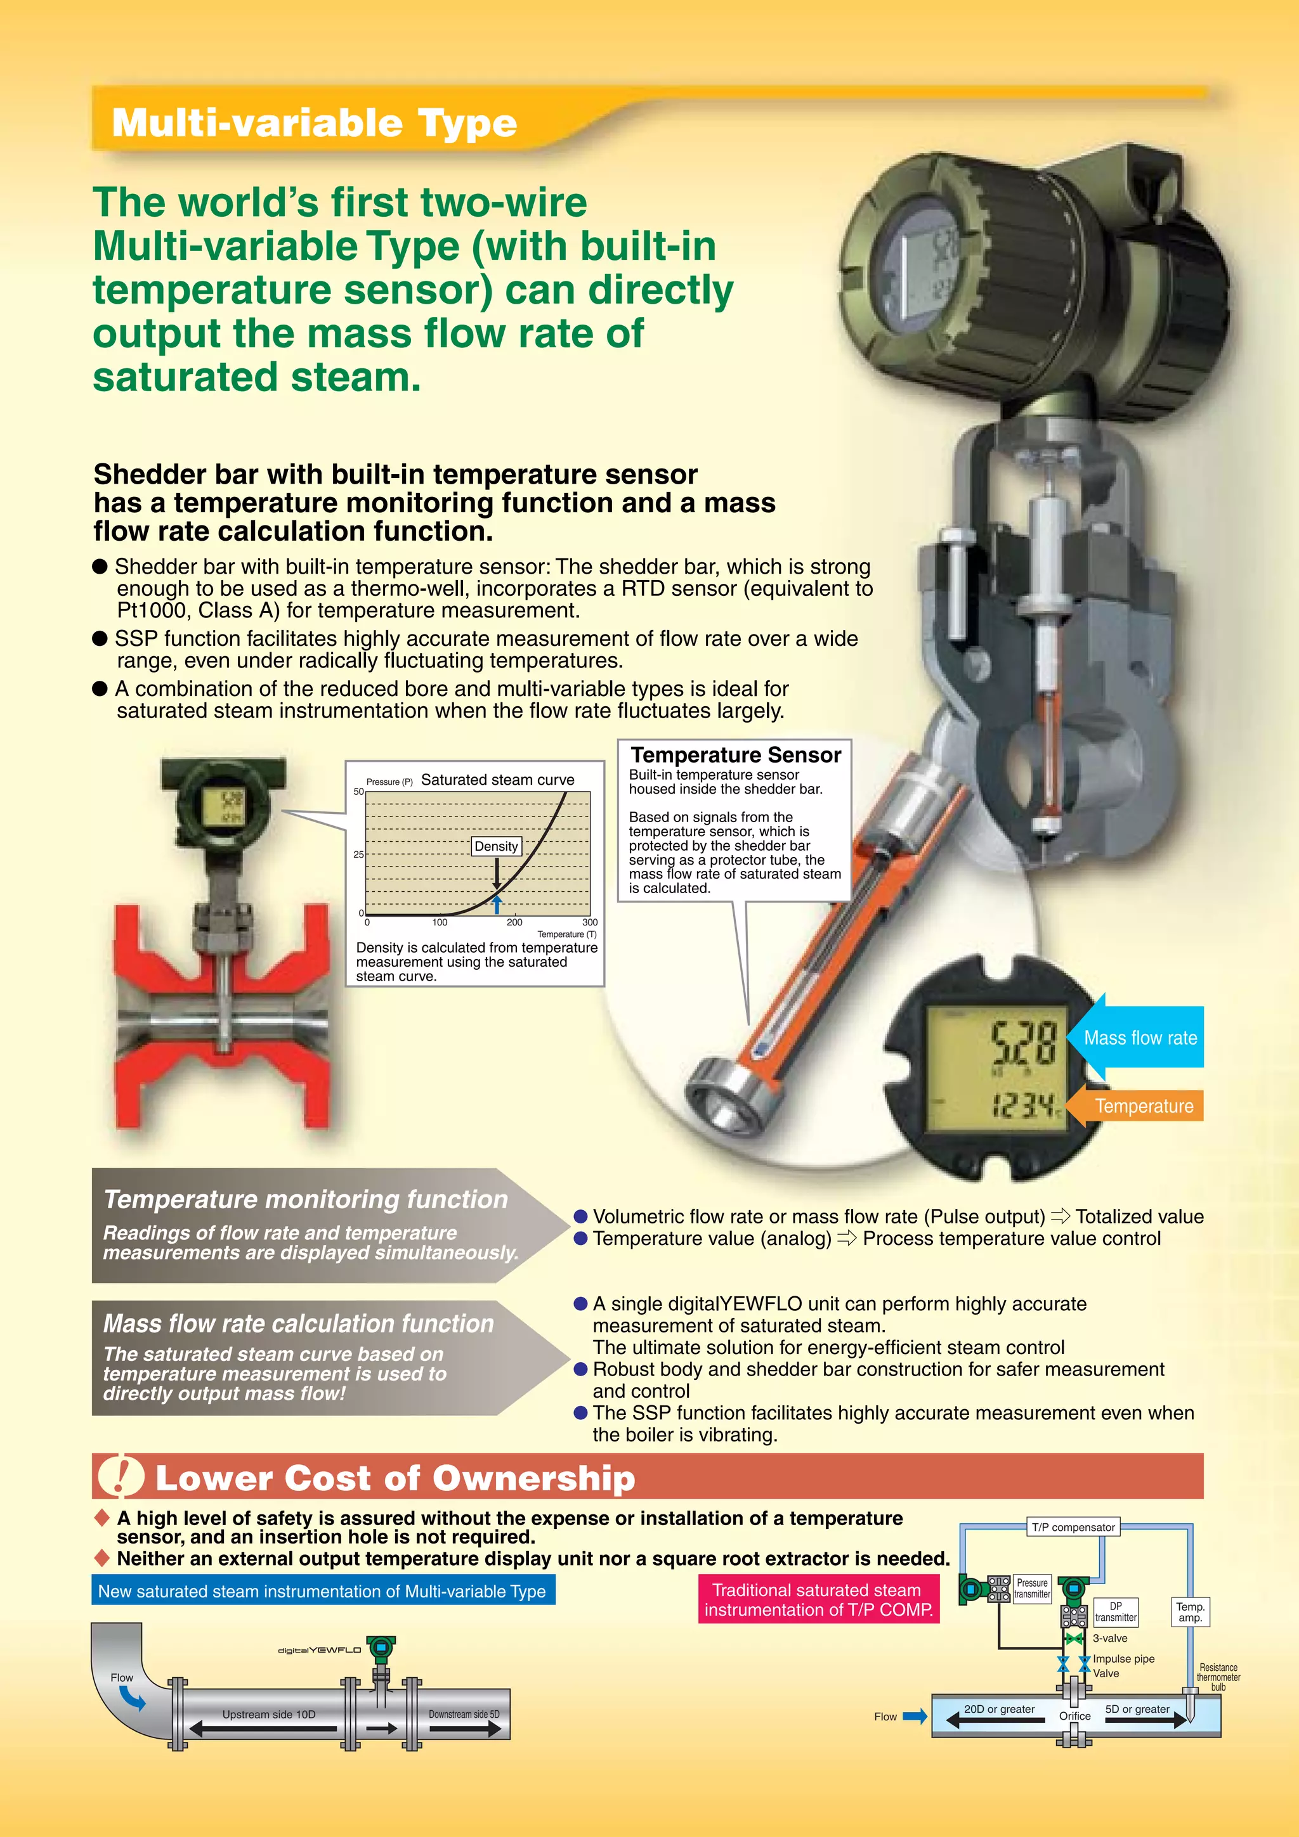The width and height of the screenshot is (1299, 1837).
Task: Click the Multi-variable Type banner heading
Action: (314, 122)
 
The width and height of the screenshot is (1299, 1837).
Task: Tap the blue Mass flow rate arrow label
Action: (1140, 1038)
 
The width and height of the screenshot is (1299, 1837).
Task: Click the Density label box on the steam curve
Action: (496, 846)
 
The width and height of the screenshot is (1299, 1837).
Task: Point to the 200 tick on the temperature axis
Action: (514, 922)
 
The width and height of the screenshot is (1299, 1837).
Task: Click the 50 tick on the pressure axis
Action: (358, 791)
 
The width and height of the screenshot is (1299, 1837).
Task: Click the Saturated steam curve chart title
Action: (497, 779)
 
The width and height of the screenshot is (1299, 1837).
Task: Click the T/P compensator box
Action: (1073, 1526)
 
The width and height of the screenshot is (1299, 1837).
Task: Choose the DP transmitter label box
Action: (1115, 1611)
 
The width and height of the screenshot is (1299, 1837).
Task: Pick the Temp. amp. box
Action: (1190, 1611)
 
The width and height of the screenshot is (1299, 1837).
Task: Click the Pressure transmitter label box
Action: (1032, 1588)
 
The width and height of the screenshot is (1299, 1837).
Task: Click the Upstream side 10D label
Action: (269, 1714)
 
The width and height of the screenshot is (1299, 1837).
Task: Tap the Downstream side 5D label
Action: (464, 1714)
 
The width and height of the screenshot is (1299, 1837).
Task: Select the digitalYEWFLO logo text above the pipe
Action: (318, 1650)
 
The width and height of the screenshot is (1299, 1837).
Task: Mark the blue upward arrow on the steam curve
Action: (497, 904)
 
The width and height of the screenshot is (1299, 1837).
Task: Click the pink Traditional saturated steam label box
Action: (818, 1599)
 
